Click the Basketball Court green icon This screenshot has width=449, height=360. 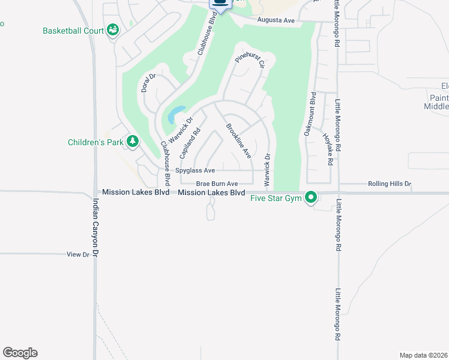(112, 30)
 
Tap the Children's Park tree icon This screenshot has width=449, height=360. (132, 142)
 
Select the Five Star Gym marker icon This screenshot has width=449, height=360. (311, 197)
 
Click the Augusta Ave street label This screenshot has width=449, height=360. (276, 20)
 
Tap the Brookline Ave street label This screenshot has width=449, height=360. (238, 140)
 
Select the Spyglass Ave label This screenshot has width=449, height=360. (195, 170)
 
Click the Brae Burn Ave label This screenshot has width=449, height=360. (217, 184)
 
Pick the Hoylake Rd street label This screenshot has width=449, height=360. (327, 149)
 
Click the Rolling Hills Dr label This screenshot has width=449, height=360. (390, 184)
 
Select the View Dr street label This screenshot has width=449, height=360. (78, 254)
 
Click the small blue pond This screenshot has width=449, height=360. (175, 113)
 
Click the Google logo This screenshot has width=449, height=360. (20, 353)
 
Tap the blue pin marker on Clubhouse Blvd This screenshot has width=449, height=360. (220, 5)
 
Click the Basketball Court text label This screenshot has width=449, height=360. (73, 31)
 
